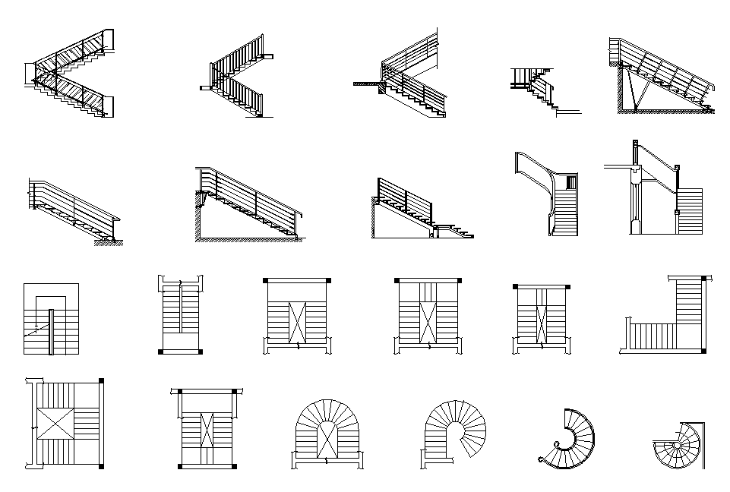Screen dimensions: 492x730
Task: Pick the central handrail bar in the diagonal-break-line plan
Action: click(51, 331)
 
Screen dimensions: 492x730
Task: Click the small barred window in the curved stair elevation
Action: click(570, 181)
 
